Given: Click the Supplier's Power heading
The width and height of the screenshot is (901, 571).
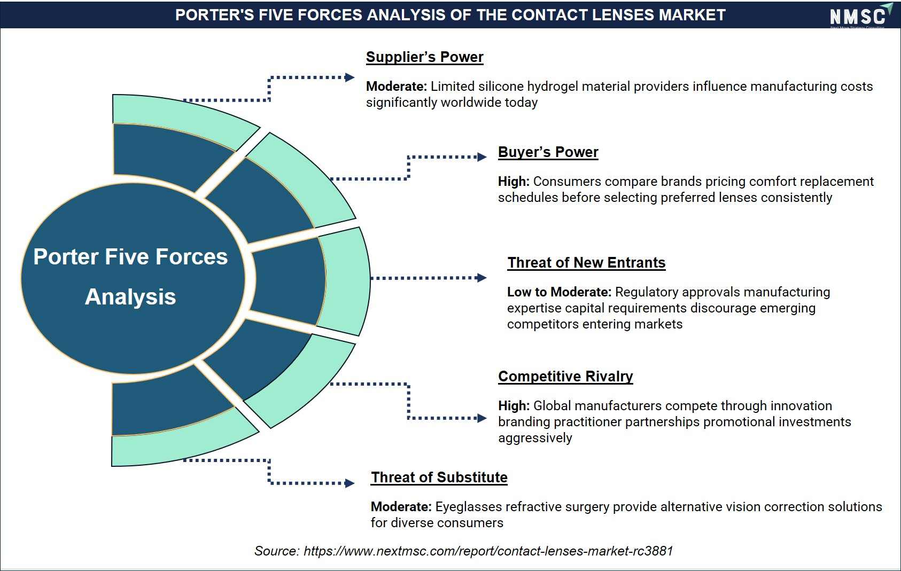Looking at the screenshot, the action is (424, 57).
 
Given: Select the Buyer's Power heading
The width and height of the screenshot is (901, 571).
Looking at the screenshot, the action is (548, 152).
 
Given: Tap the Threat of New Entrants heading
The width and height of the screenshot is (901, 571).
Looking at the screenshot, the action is (586, 263).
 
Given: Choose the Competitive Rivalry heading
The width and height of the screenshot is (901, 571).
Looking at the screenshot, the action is (565, 377).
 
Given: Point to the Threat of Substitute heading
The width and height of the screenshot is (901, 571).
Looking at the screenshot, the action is (439, 478).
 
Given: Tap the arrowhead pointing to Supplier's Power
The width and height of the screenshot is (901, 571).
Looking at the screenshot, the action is (349, 77).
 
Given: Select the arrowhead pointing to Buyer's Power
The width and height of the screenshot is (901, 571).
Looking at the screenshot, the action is (482, 157).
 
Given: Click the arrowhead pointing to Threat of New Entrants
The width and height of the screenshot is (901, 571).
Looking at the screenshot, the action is (482, 278).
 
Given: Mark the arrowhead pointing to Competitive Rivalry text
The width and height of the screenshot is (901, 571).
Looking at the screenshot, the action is (482, 418).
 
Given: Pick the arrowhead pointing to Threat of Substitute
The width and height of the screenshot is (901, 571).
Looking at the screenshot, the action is (349, 483).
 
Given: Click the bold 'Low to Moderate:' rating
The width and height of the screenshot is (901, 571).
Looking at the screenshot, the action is (559, 292).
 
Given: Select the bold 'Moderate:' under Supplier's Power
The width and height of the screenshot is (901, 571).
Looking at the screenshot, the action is (396, 87).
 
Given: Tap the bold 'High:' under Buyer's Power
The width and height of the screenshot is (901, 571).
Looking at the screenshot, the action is (514, 182).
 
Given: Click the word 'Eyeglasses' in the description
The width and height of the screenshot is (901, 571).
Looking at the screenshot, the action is (469, 507).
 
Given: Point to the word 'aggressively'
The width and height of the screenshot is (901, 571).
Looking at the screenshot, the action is (535, 438).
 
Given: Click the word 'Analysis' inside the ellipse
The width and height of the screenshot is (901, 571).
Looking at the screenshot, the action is (130, 297).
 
